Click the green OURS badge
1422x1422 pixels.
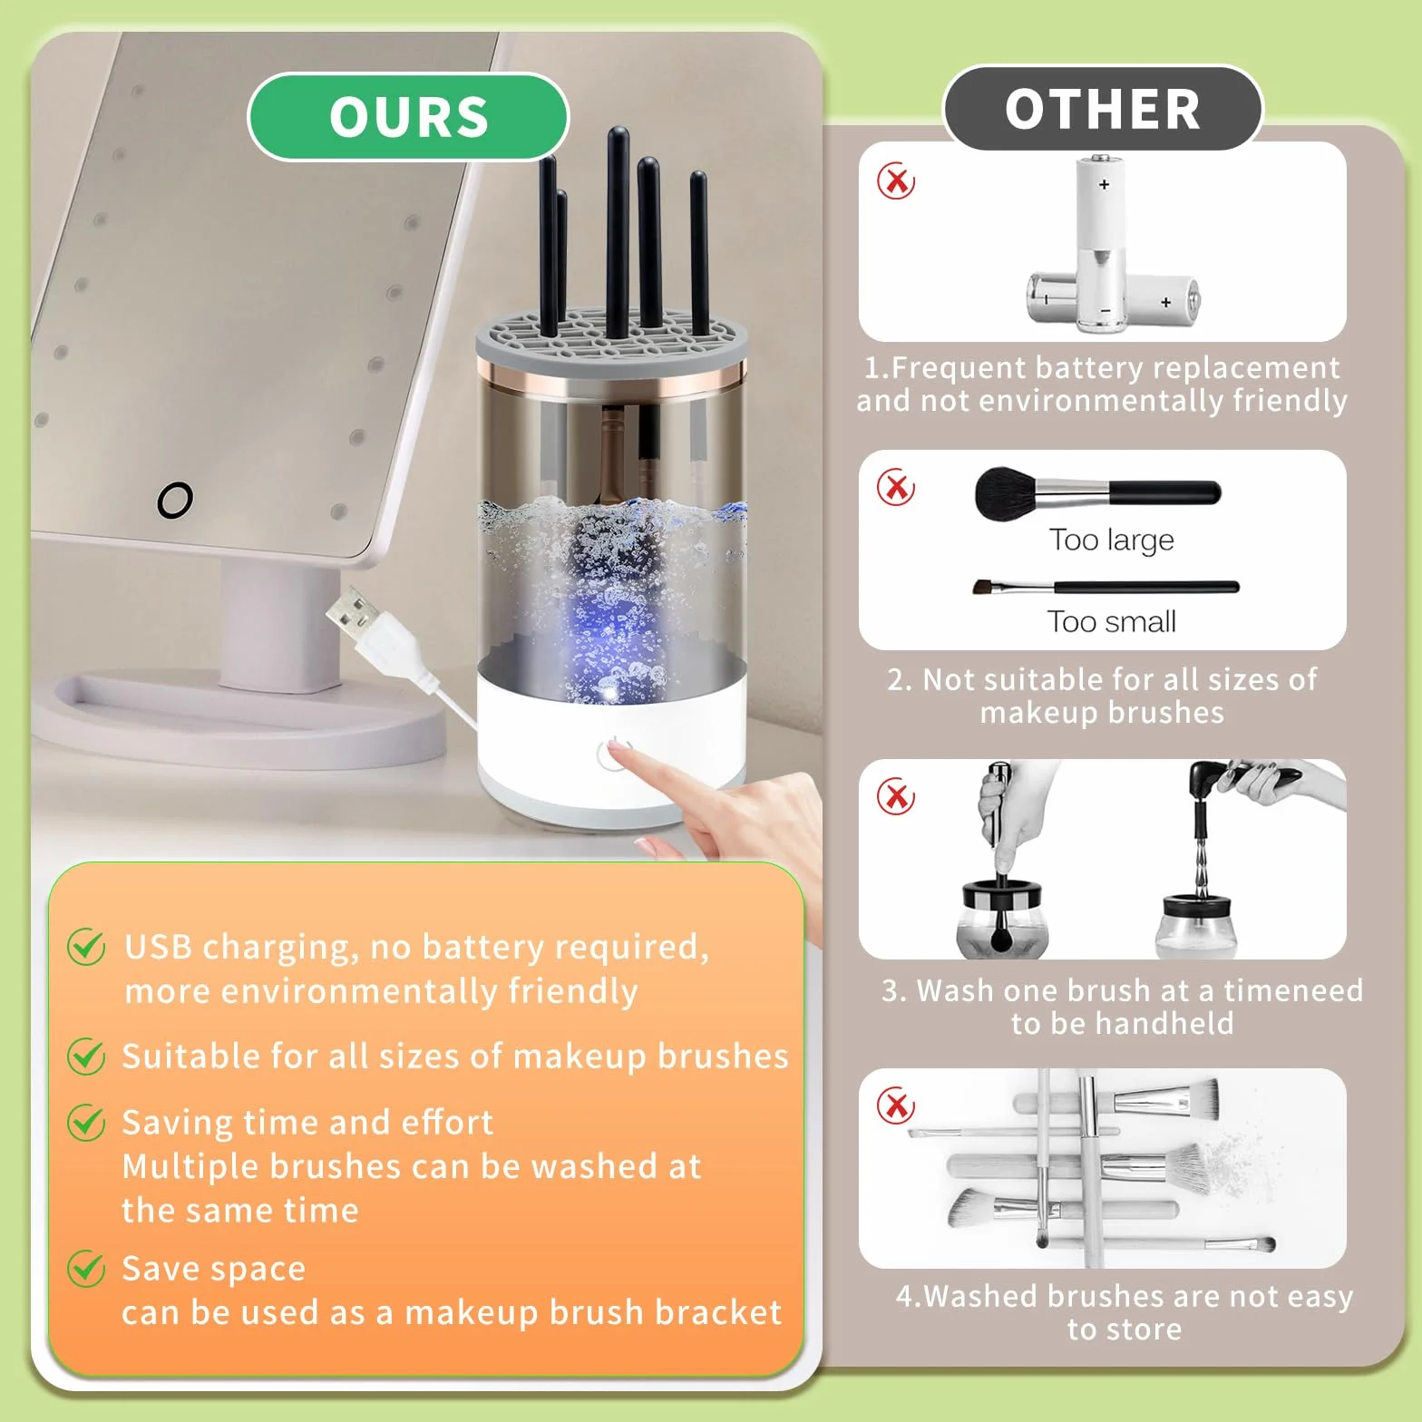click(x=408, y=117)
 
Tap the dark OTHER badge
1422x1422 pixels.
click(x=1103, y=108)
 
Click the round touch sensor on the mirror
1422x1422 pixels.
click(x=175, y=500)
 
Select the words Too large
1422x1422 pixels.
click(x=1112, y=540)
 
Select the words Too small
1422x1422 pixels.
click(x=1112, y=621)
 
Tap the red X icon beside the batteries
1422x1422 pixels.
click(x=896, y=181)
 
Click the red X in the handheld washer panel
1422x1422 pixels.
click(x=896, y=797)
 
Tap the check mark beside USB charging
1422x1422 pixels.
click(x=87, y=947)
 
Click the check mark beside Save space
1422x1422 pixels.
click(x=87, y=1268)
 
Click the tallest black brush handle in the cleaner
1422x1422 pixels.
click(x=618, y=231)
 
